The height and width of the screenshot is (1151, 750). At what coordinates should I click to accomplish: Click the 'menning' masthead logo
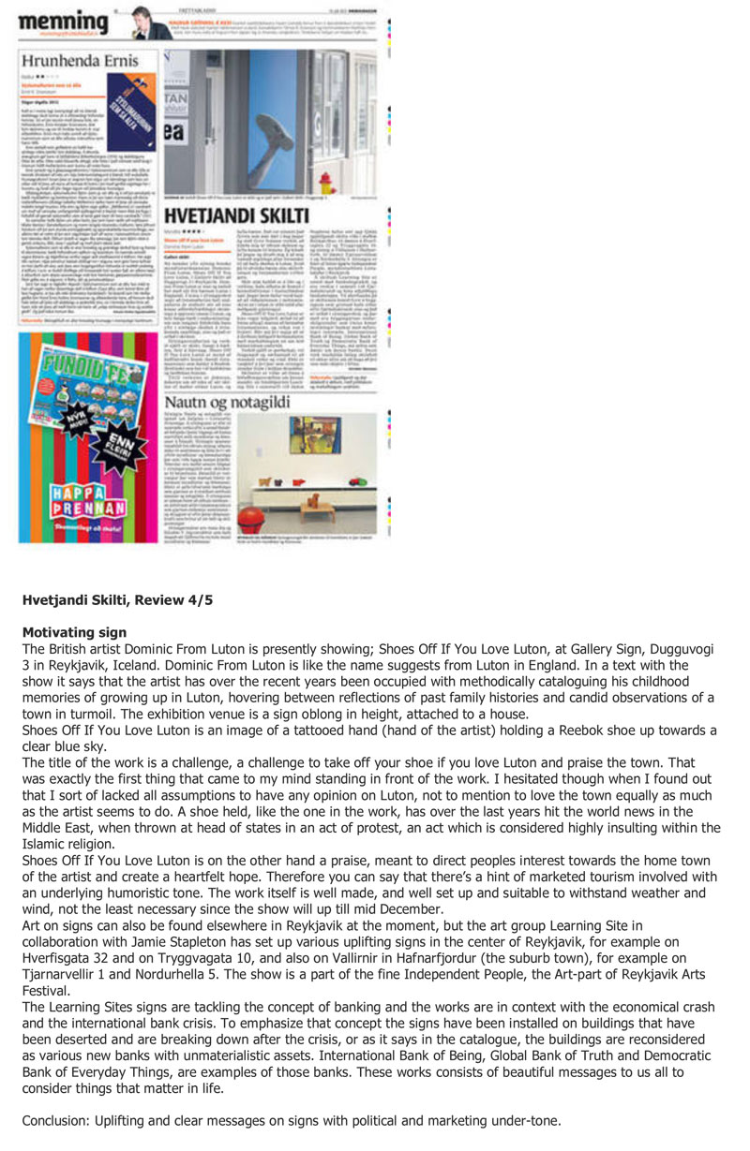point(62,21)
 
